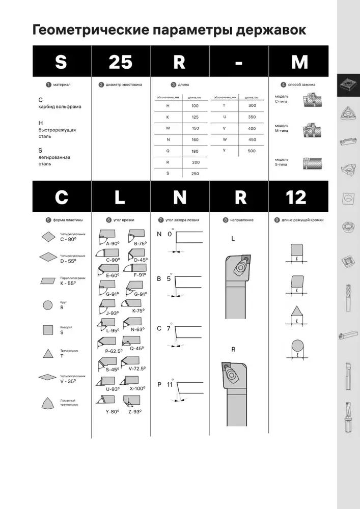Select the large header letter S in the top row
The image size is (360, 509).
pos(61,62)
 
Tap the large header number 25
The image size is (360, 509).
pos(121,62)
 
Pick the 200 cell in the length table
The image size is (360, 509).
pos(196,162)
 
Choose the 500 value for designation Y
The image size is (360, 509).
pos(252,151)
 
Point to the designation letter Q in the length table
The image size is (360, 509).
pos(168,151)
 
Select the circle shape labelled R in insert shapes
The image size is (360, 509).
pos(48,305)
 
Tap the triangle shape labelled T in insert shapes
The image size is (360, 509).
pos(48,353)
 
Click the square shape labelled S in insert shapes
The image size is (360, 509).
pos(48,329)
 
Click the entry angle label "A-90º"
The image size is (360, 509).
pos(112,244)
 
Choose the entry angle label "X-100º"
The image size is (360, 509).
pos(138,388)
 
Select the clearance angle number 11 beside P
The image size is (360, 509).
pos(170,384)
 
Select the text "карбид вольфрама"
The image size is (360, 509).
pos(60,107)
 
